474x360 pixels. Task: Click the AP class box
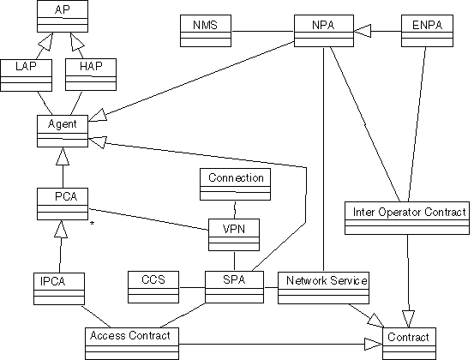tap(63, 16)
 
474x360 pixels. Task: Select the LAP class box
tap(26, 75)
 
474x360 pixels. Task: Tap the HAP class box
tap(91, 75)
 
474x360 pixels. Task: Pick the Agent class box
tap(63, 131)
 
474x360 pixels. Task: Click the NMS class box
tap(206, 31)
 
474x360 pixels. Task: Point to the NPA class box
tap(324, 31)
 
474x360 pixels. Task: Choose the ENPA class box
tap(427, 31)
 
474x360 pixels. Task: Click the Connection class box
tap(235, 184)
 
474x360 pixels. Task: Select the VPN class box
tap(234, 235)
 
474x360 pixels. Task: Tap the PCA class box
tap(63, 204)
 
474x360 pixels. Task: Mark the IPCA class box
tap(59, 289)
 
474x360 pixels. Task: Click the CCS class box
tap(153, 287)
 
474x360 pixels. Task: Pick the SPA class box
tap(234, 287)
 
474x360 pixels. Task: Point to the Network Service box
tap(323, 288)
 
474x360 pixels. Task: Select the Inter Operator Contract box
tap(407, 218)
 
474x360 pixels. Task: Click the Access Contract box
tap(132, 344)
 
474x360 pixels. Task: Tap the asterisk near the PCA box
tap(93, 224)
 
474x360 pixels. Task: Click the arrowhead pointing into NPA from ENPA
tap(363, 31)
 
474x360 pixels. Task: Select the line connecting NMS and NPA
tap(263, 31)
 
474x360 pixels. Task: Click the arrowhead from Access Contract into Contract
tap(374, 344)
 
